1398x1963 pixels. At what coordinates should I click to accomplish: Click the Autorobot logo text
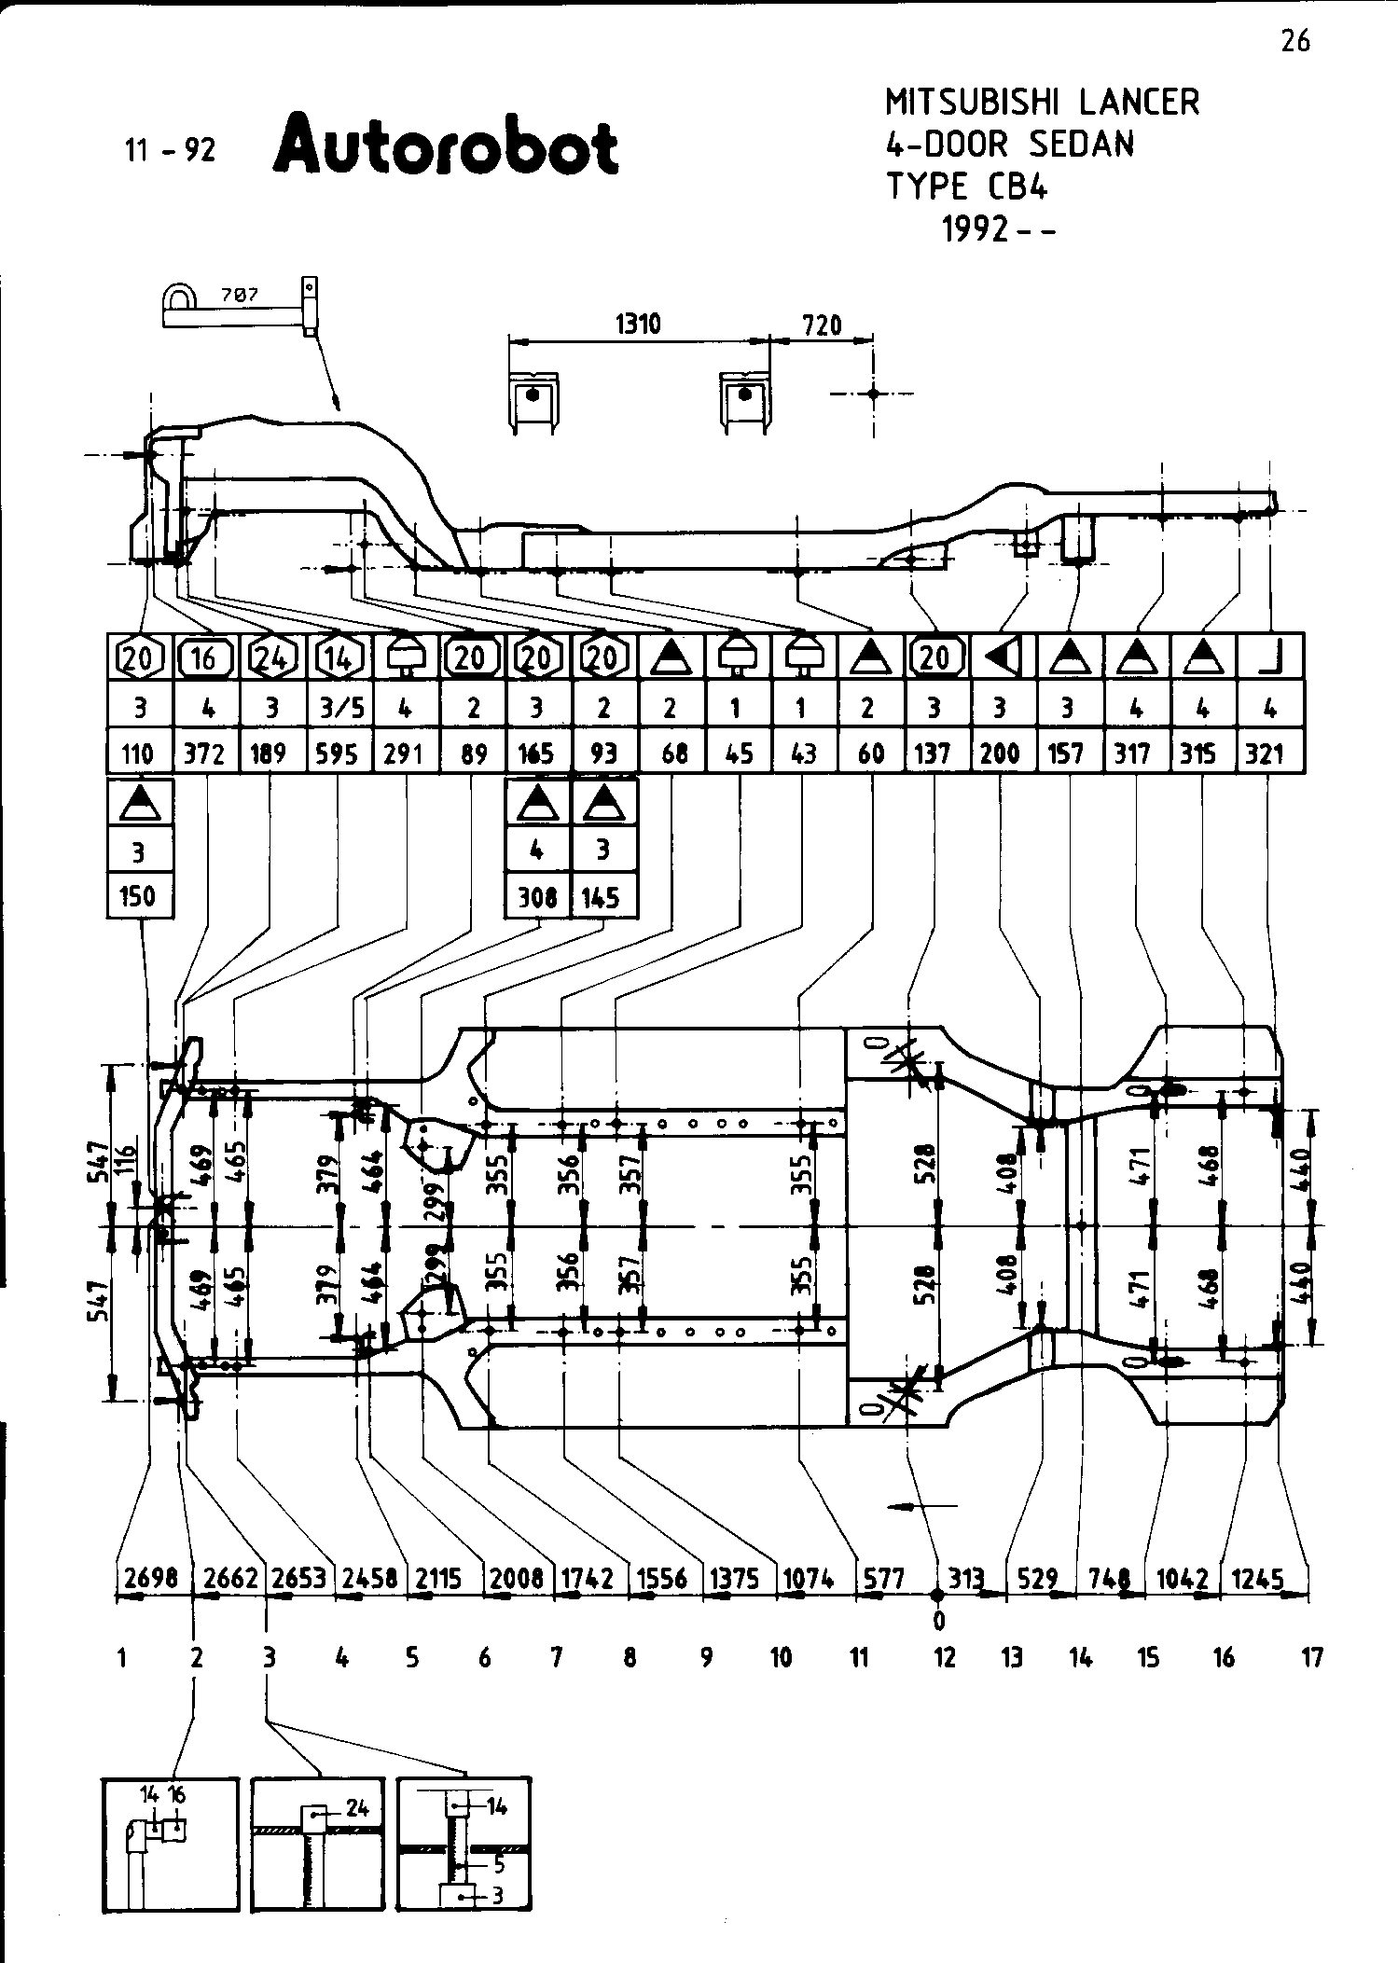click(x=446, y=145)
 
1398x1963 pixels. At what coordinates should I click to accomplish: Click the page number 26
click(x=1294, y=41)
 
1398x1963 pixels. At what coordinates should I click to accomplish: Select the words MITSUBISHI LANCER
click(x=1042, y=102)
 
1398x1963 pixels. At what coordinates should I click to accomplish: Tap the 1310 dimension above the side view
click(x=638, y=324)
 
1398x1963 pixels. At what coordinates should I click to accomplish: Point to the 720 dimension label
click(x=822, y=325)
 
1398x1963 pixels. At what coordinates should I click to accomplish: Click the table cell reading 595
click(x=338, y=753)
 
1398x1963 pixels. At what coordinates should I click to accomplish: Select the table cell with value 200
click(x=1000, y=753)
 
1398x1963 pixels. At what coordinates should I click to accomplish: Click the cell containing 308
click(x=537, y=897)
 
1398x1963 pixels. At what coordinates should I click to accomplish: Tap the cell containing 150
click(x=138, y=897)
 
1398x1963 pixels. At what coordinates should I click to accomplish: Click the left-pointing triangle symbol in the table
click(x=1000, y=658)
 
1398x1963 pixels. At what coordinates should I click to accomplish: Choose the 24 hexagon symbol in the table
click(x=270, y=658)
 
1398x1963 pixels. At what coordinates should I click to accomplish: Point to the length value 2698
click(x=150, y=1579)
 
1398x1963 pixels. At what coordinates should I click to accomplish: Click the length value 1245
click(x=1257, y=1579)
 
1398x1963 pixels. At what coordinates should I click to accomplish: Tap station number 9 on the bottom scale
click(x=706, y=1657)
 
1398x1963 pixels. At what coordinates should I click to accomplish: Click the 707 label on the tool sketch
click(x=239, y=295)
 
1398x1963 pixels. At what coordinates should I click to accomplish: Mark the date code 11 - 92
click(x=170, y=149)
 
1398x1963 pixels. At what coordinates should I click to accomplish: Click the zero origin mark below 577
click(x=938, y=1622)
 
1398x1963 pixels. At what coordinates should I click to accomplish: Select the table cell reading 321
click(x=1265, y=753)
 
